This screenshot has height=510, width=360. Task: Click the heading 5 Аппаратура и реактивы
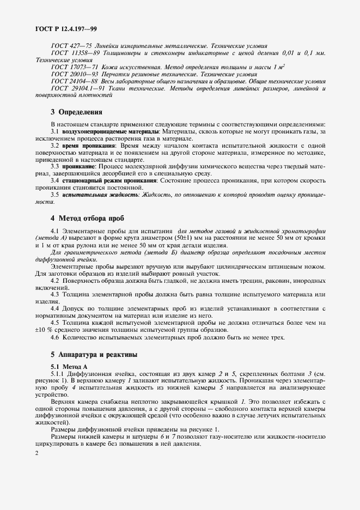click(94, 355)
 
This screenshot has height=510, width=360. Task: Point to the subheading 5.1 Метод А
click(69, 366)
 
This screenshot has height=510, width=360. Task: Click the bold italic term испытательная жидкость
click(91, 195)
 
